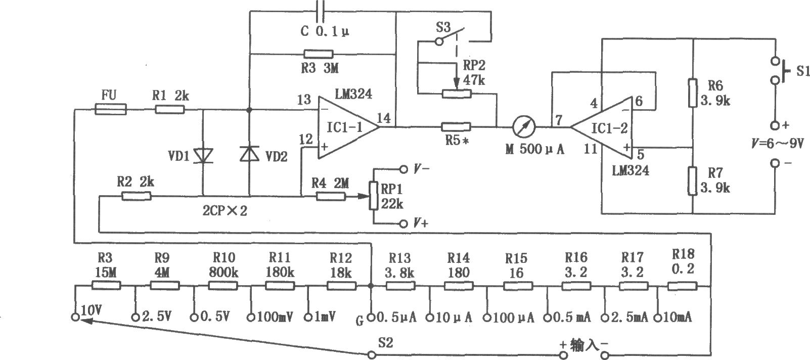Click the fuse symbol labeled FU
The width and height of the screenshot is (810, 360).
coord(111,109)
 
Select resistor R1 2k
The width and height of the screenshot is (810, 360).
coord(169,109)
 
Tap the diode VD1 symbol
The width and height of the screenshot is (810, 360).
coord(203,156)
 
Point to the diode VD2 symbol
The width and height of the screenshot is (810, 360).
coord(249,153)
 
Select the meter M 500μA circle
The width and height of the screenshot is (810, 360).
coord(524,127)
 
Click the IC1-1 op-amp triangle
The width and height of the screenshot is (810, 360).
coord(348,127)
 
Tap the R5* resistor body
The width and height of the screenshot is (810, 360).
coord(456,126)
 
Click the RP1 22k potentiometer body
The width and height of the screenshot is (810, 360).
coord(374,196)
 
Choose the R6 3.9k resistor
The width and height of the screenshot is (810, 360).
coord(693,93)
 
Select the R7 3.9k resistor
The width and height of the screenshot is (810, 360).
coord(693,181)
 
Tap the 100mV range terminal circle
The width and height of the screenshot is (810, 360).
coord(251,318)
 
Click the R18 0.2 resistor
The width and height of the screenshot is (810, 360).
coord(682,286)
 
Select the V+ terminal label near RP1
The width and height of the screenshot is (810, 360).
coord(421,223)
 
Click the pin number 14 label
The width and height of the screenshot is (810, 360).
coord(384,118)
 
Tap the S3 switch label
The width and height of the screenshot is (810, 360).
coord(443,27)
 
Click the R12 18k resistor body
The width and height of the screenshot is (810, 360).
coord(341,286)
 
